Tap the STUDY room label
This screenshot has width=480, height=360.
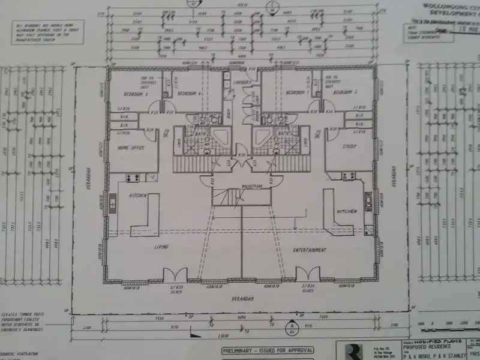tap(350, 146)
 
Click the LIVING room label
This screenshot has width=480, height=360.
tap(160, 247)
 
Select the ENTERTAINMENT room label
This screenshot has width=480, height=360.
tap(310, 250)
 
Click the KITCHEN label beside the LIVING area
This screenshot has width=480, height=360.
tap(138, 196)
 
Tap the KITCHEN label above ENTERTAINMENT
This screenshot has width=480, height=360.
tap(346, 212)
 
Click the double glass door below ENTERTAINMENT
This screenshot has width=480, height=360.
tap(309, 276)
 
